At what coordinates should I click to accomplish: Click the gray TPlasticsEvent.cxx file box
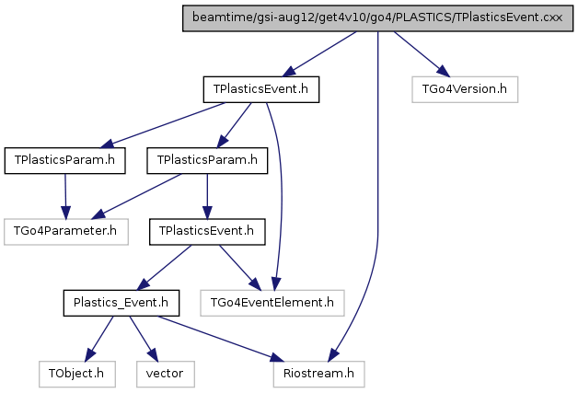378,18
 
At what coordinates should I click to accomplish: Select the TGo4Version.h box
465,89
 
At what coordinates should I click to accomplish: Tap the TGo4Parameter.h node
66,232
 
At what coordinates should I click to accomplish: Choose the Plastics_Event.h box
121,303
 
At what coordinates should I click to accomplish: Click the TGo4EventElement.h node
272,303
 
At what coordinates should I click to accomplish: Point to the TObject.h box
77,374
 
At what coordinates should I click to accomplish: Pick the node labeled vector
166,374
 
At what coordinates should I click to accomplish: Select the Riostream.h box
318,374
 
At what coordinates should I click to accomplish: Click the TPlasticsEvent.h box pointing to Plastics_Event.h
207,232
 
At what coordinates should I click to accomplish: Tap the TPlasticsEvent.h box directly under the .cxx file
261,89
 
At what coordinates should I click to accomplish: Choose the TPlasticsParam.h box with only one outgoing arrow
64,160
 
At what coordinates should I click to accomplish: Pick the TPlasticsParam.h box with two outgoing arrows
207,160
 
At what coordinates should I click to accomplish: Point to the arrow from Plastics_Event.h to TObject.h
98,339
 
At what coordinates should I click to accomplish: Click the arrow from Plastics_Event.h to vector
144,339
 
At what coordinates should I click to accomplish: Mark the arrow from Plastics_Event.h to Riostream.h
221,339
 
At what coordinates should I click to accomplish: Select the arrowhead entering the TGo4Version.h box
444,71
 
